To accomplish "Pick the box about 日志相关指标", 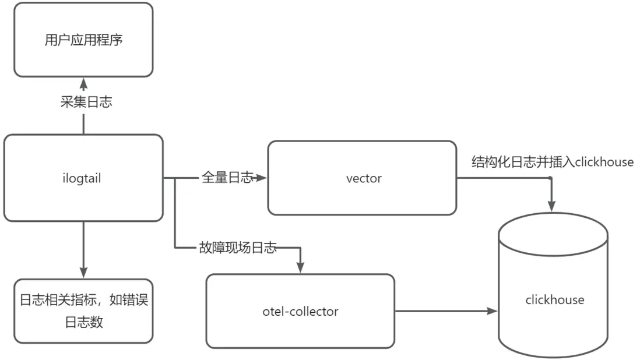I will tap(83, 311).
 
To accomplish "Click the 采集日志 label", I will tap(86, 102).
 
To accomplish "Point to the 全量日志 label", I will tap(227, 177).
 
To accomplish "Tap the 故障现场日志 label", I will tap(237, 249).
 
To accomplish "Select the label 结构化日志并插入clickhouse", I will tap(552, 162).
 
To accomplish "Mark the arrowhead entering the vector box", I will tap(262, 178).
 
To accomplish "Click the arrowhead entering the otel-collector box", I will tap(300, 267).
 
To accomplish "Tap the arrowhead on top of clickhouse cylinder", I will tap(551, 206).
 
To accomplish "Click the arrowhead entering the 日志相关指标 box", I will tap(83, 273).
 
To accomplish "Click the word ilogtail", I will tap(83, 178).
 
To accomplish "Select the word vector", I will tap(364, 178).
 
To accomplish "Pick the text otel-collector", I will tap(300, 311).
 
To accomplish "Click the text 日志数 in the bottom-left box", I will tap(84, 322).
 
